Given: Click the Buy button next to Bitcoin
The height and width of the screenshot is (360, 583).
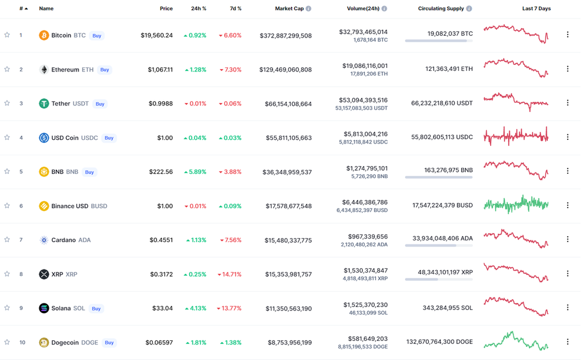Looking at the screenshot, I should pos(97,36).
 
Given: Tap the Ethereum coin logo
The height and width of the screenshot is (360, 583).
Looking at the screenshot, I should pos(44,70).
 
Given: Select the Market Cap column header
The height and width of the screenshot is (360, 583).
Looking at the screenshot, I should pos(289,9).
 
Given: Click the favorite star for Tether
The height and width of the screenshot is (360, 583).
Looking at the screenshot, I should pos(7,104).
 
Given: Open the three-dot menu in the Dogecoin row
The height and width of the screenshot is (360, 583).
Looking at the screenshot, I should pos(568,342).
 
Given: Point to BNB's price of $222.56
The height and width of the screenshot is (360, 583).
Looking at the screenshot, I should pos(161,172).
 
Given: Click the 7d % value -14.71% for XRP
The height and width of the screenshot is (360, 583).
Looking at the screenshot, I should pos(230,274).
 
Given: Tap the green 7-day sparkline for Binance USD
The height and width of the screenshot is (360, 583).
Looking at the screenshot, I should pos(516,204).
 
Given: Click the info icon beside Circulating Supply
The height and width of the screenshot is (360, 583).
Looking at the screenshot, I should pos(469,9).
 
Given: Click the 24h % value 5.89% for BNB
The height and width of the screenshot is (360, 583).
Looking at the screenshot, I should pos(195,172).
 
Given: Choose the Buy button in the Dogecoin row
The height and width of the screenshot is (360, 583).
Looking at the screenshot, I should pos(109,343).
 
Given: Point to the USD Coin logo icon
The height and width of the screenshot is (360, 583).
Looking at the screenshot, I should pos(44,138).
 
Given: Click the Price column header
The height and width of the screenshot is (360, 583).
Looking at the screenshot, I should pos(166,9).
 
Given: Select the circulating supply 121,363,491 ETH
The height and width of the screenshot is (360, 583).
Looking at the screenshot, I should pos(441,69).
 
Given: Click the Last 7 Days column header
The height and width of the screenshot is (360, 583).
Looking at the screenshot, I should pos(536,9).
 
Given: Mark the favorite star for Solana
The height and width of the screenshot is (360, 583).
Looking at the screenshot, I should pos(7,308).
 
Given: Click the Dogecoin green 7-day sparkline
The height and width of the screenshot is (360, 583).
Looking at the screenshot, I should pos(516,341).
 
